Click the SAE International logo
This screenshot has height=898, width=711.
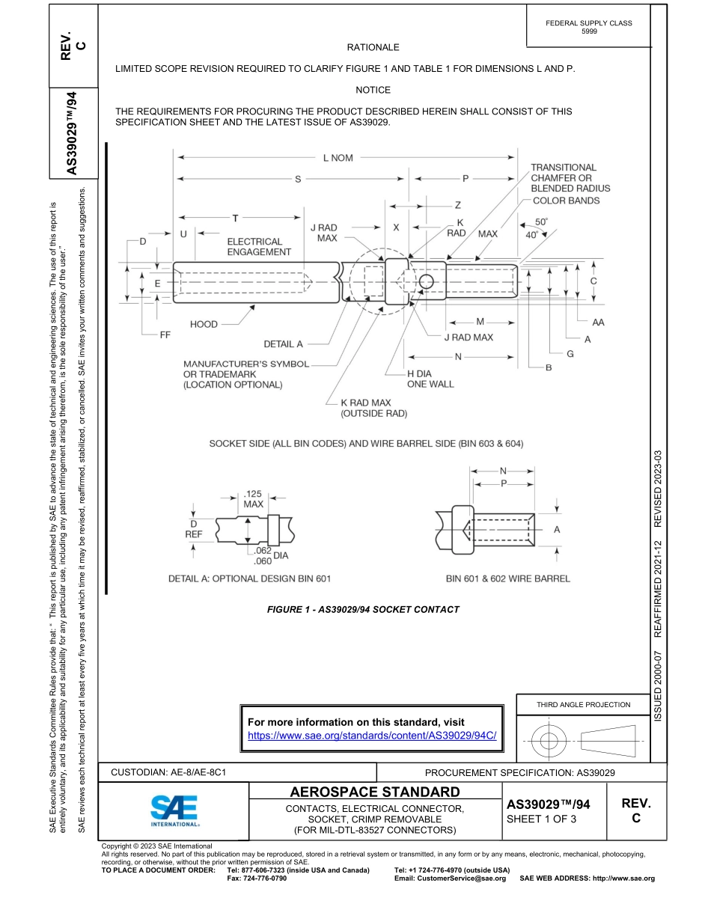pyautogui.click(x=174, y=810)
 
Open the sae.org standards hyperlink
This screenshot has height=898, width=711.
pyautogui.click(x=372, y=736)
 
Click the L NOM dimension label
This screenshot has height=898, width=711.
pyautogui.click(x=338, y=158)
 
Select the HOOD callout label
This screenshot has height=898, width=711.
pyautogui.click(x=204, y=324)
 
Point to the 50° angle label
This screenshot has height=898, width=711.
pyautogui.click(x=541, y=222)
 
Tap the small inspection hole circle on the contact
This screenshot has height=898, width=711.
pyautogui.click(x=426, y=282)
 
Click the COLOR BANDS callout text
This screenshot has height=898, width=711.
pyautogui.click(x=566, y=201)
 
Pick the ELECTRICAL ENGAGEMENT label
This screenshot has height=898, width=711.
pyautogui.click(x=259, y=247)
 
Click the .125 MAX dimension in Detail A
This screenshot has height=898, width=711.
pyautogui.click(x=253, y=499)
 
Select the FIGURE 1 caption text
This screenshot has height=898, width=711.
pyautogui.click(x=363, y=609)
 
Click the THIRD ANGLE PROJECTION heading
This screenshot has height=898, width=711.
pyautogui.click(x=583, y=704)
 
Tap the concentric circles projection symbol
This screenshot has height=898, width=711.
pyautogui.click(x=549, y=742)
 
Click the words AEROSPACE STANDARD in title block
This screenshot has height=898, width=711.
pyautogui.click(x=375, y=792)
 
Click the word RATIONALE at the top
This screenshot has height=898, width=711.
pyautogui.click(x=373, y=47)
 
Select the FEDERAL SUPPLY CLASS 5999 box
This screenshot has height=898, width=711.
pyautogui.click(x=589, y=27)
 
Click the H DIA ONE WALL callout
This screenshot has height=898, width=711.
pyautogui.click(x=430, y=379)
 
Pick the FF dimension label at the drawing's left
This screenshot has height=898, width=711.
pyautogui.click(x=165, y=335)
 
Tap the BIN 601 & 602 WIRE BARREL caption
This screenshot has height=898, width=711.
pyautogui.click(x=507, y=578)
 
